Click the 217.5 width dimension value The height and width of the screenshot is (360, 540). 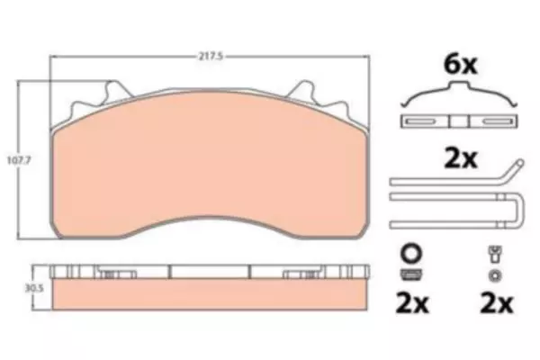click(210, 56)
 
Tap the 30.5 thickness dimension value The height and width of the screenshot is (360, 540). click(34, 288)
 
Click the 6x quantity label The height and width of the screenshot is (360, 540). click(461, 65)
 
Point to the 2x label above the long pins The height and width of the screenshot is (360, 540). click(461, 158)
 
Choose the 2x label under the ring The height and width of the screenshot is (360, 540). click(412, 302)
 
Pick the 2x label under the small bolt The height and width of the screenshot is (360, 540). click(497, 302)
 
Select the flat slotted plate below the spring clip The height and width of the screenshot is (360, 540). click(459, 121)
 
